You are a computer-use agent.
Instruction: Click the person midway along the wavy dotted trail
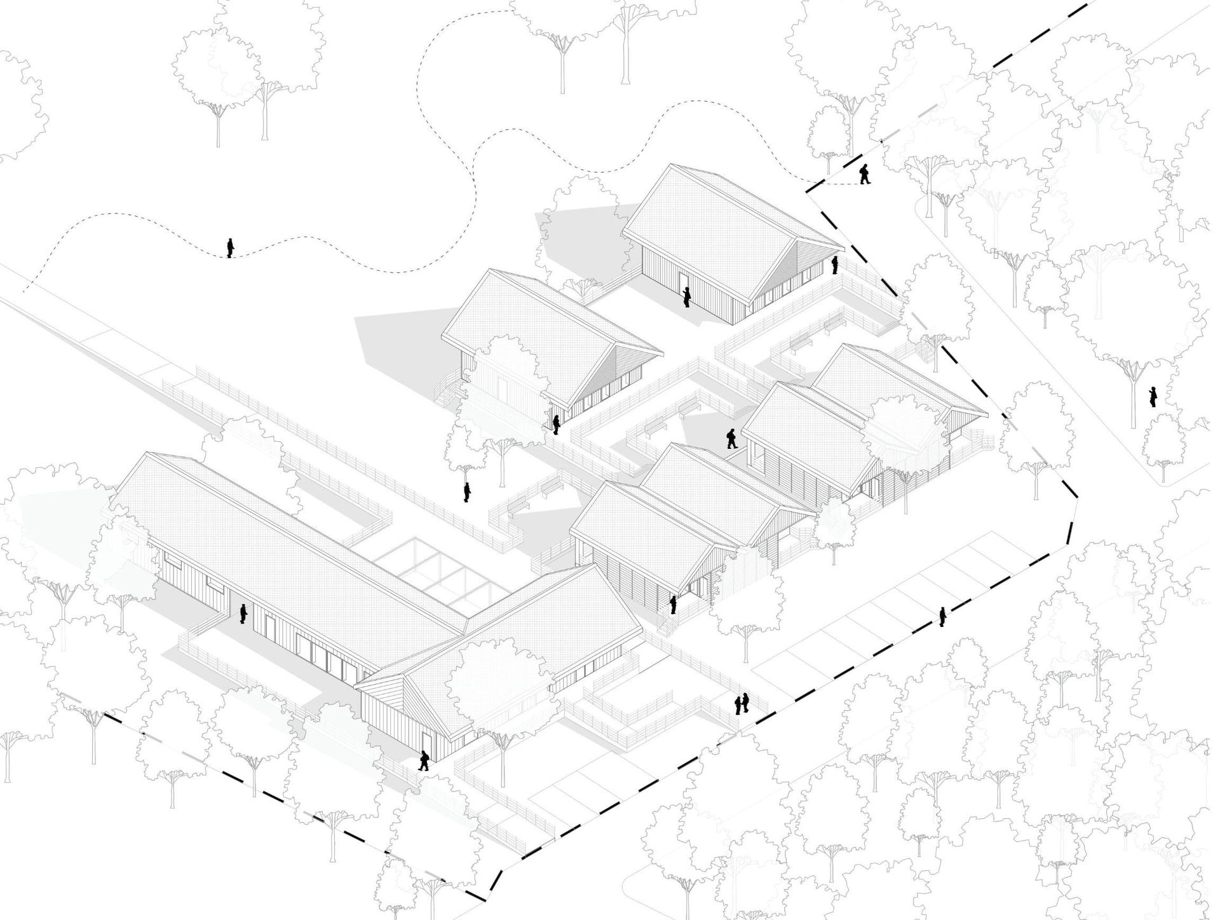tap(230, 248)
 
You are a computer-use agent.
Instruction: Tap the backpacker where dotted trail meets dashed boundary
tap(864, 174)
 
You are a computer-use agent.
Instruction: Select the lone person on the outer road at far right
tap(1153, 397)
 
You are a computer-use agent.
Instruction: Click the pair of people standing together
tap(742, 703)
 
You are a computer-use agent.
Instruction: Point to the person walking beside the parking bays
tap(943, 616)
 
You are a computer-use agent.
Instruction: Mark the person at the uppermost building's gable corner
tap(836, 265)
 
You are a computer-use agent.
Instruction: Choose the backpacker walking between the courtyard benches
tap(731, 439)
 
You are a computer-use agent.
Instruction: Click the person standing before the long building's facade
tap(243, 614)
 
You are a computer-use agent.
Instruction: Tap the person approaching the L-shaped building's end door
tap(423, 760)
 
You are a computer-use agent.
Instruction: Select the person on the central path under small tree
tap(467, 492)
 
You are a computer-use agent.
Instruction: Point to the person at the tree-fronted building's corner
tap(556, 424)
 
